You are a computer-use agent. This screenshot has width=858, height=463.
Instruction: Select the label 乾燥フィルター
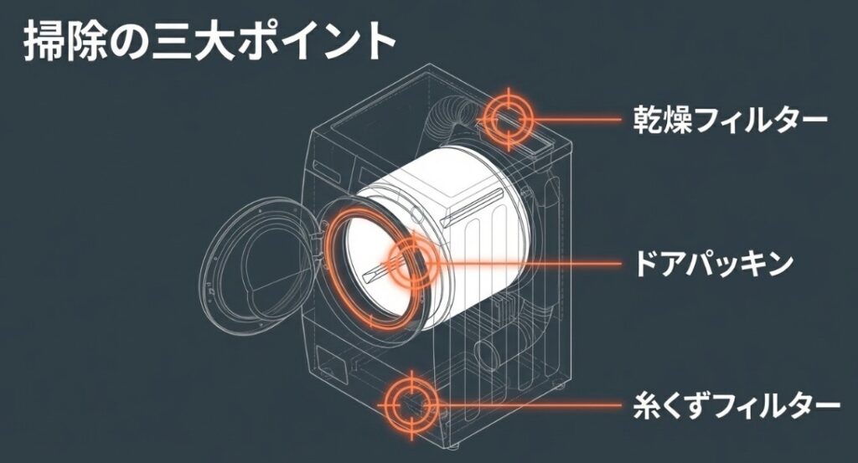[730, 120]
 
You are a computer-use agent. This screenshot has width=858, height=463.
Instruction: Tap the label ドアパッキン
[713, 263]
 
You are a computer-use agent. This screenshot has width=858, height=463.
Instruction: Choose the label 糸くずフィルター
[736, 405]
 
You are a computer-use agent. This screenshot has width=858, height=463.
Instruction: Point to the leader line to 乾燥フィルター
[578, 120]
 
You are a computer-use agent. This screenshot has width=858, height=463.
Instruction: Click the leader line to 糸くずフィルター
[528, 405]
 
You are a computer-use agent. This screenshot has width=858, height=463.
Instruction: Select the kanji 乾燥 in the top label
[665, 120]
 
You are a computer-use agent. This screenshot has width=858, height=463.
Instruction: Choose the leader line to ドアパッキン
[528, 263]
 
